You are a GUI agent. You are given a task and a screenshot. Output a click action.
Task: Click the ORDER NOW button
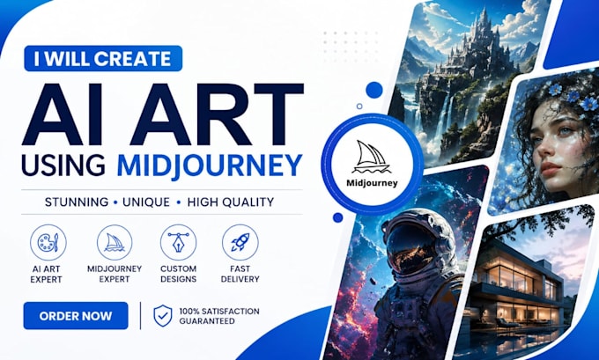[76, 316]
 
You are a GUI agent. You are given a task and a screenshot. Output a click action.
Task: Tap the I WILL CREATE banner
[103, 58]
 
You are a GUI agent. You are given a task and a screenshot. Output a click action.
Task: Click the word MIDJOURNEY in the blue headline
[210, 165]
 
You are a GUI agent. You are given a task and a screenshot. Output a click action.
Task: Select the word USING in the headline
[63, 165]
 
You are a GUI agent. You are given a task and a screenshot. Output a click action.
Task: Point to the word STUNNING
[77, 202]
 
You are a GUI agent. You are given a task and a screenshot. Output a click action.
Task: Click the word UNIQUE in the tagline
[146, 202]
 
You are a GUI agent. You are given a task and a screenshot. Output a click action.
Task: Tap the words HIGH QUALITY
[231, 202]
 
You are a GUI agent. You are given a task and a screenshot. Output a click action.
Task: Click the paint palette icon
[48, 242]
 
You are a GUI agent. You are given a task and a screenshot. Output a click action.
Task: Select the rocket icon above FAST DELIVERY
[240, 242]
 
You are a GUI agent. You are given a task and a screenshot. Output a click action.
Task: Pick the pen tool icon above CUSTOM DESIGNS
[179, 242]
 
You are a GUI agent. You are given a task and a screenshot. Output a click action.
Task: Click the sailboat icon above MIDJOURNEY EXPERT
[115, 242]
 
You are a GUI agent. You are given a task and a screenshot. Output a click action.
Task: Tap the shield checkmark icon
[163, 316]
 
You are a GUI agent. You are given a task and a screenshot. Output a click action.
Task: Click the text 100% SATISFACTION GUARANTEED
[219, 316]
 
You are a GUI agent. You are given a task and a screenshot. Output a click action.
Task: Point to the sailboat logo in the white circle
[372, 157]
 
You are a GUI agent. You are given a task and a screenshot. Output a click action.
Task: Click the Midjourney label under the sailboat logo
[372, 183]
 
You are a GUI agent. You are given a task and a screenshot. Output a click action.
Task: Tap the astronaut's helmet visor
[412, 249]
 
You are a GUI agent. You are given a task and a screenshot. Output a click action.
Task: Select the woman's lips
[552, 167]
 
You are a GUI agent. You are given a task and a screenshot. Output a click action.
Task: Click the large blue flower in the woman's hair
[588, 103]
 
